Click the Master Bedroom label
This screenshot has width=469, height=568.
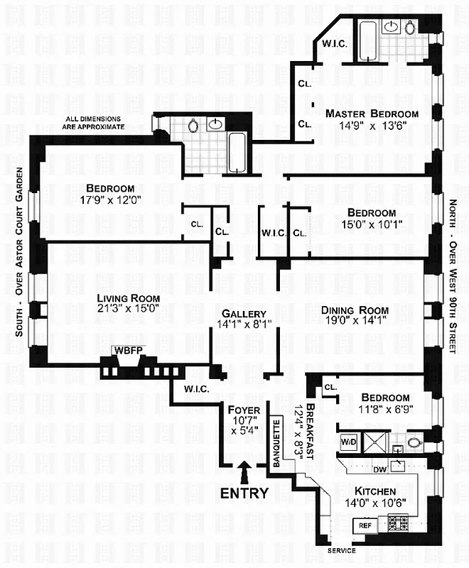pyautogui.click(x=372, y=114)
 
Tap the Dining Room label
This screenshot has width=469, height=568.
pyautogui.click(x=355, y=310)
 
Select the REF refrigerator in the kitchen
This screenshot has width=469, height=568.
pyautogui.click(x=365, y=525)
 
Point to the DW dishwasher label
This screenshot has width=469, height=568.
pyautogui.click(x=379, y=469)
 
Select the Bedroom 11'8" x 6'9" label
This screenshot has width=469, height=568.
pyautogui.click(x=384, y=398)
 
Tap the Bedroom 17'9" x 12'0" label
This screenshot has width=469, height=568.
pyautogui.click(x=106, y=188)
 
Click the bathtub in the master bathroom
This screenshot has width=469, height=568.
pyautogui.click(x=367, y=42)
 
